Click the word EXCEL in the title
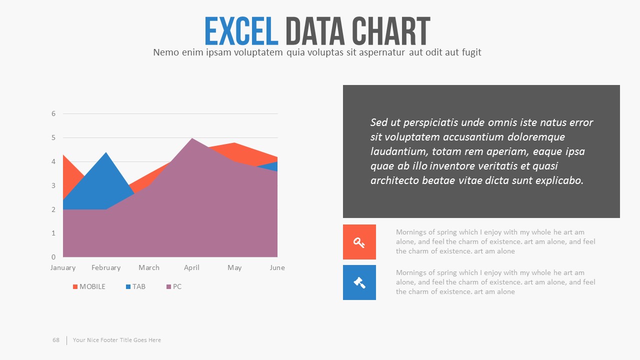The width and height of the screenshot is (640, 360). click(x=241, y=31)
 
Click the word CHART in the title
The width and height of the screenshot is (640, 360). click(x=391, y=31)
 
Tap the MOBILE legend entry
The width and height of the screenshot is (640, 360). click(x=89, y=286)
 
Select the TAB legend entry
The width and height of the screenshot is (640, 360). click(x=135, y=286)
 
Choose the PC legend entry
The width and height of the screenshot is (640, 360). click(x=174, y=286)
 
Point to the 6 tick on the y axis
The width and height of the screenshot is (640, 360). click(x=53, y=113)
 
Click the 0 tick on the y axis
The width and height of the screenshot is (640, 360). click(x=53, y=257)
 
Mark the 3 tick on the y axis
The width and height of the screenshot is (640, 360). click(x=53, y=185)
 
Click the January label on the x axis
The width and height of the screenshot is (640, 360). click(x=63, y=268)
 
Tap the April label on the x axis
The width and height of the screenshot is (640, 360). click(x=191, y=268)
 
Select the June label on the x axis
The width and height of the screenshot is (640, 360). click(x=277, y=267)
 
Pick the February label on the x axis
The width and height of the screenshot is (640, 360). click(x=106, y=268)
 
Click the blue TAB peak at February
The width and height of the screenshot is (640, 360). click(x=106, y=152)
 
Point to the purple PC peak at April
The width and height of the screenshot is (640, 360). click(x=191, y=138)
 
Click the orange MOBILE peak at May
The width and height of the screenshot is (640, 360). click(x=234, y=143)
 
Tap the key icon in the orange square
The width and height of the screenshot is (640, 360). click(x=359, y=242)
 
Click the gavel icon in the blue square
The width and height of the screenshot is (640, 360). click(x=359, y=283)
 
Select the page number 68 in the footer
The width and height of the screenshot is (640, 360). click(x=56, y=340)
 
